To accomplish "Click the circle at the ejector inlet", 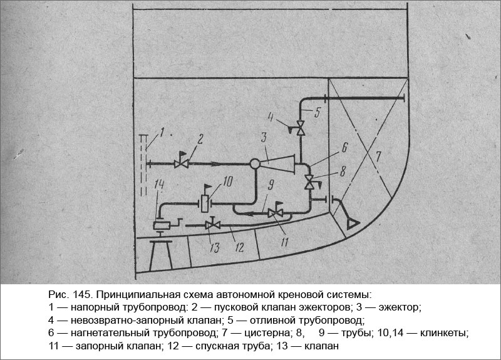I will point(255,164).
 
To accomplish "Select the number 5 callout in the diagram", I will point(318,113).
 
